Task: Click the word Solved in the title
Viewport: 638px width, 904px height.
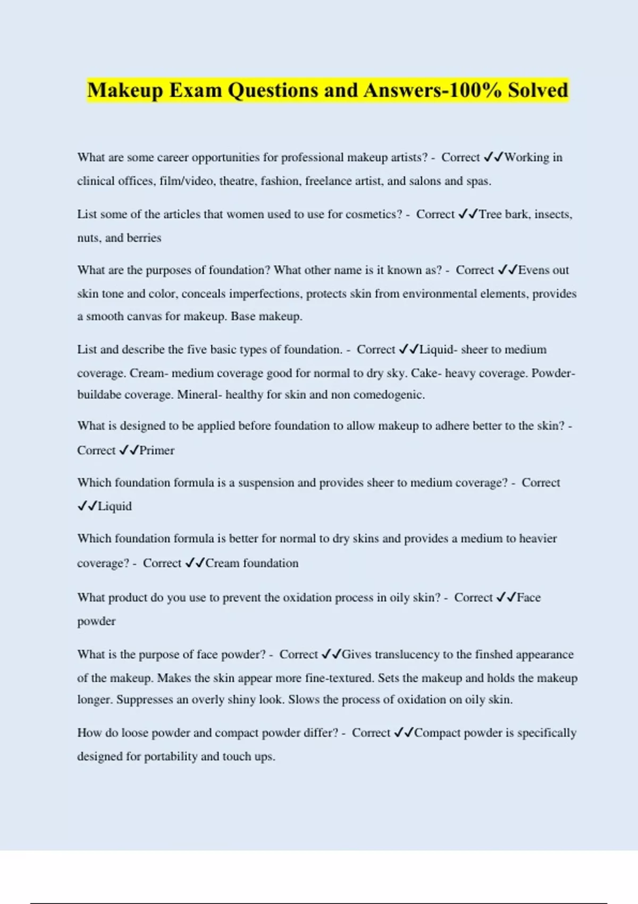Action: (x=538, y=90)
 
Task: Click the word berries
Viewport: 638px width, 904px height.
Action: (x=144, y=238)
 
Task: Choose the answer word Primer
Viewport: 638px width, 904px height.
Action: (x=157, y=450)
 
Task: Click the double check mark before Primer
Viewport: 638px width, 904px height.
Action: (x=128, y=450)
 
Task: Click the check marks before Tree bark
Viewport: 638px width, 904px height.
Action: (x=467, y=214)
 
